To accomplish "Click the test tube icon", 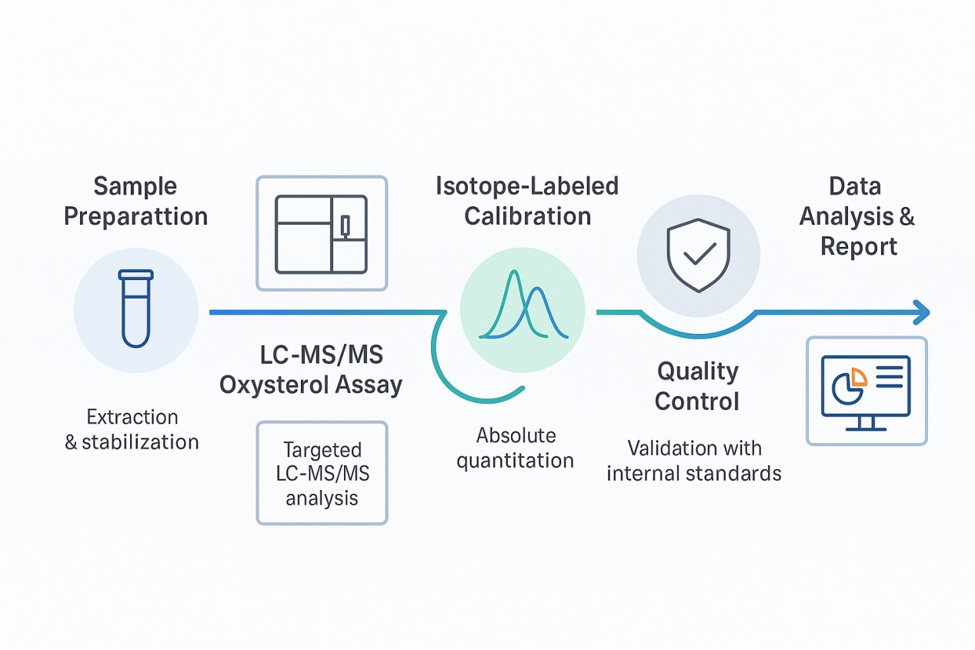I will click(135, 308).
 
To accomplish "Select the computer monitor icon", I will click(866, 390).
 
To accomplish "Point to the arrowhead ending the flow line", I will click(920, 312).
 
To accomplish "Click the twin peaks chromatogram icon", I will click(523, 306).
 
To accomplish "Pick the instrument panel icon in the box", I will click(322, 234).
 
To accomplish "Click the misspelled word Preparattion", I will click(135, 216).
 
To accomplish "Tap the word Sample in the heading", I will click(135, 186).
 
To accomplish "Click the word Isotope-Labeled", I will click(527, 186).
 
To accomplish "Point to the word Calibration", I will click(527, 215).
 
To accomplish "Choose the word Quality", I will click(697, 372).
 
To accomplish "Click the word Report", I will click(858, 247).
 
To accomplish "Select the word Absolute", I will click(516, 435).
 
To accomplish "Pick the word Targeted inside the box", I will click(322, 449).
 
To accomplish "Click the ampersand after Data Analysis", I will click(906, 217).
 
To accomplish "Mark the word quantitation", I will click(516, 461).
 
